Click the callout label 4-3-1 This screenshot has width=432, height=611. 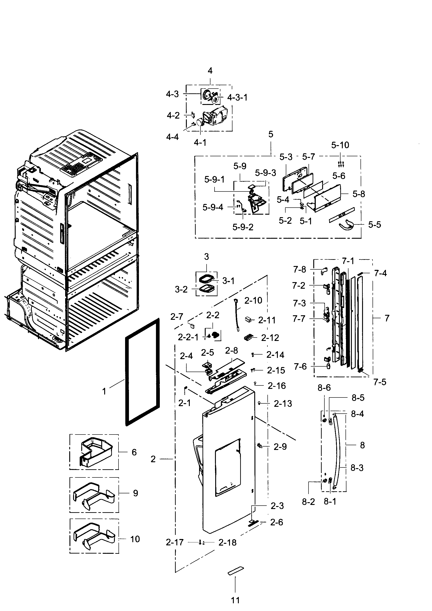tap(237, 97)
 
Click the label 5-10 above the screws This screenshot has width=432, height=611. tap(340, 145)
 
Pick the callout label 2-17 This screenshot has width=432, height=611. tap(175, 542)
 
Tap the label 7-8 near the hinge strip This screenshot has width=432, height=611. tap(300, 269)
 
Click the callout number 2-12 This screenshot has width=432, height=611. tap(270, 338)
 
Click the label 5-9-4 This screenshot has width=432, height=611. tap(213, 207)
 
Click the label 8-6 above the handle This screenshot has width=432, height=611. tap(324, 388)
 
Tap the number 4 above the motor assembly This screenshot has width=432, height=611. tap(210, 71)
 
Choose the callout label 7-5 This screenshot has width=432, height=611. tap(380, 382)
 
